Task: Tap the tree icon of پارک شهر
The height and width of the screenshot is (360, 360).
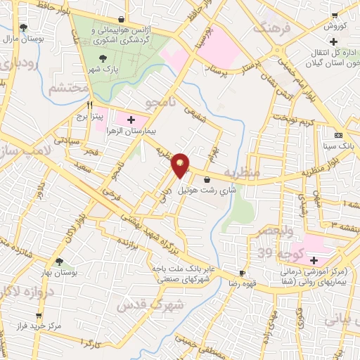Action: pyautogui.click(x=104, y=59)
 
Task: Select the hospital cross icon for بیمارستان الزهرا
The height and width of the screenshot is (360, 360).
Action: pyautogui.click(x=131, y=120)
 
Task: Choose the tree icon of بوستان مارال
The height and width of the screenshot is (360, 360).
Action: pyautogui.click(x=24, y=27)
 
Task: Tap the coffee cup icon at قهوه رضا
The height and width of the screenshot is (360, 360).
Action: pyautogui.click(x=243, y=273)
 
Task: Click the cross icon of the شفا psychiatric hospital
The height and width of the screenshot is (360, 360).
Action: pyautogui.click(x=313, y=260)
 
